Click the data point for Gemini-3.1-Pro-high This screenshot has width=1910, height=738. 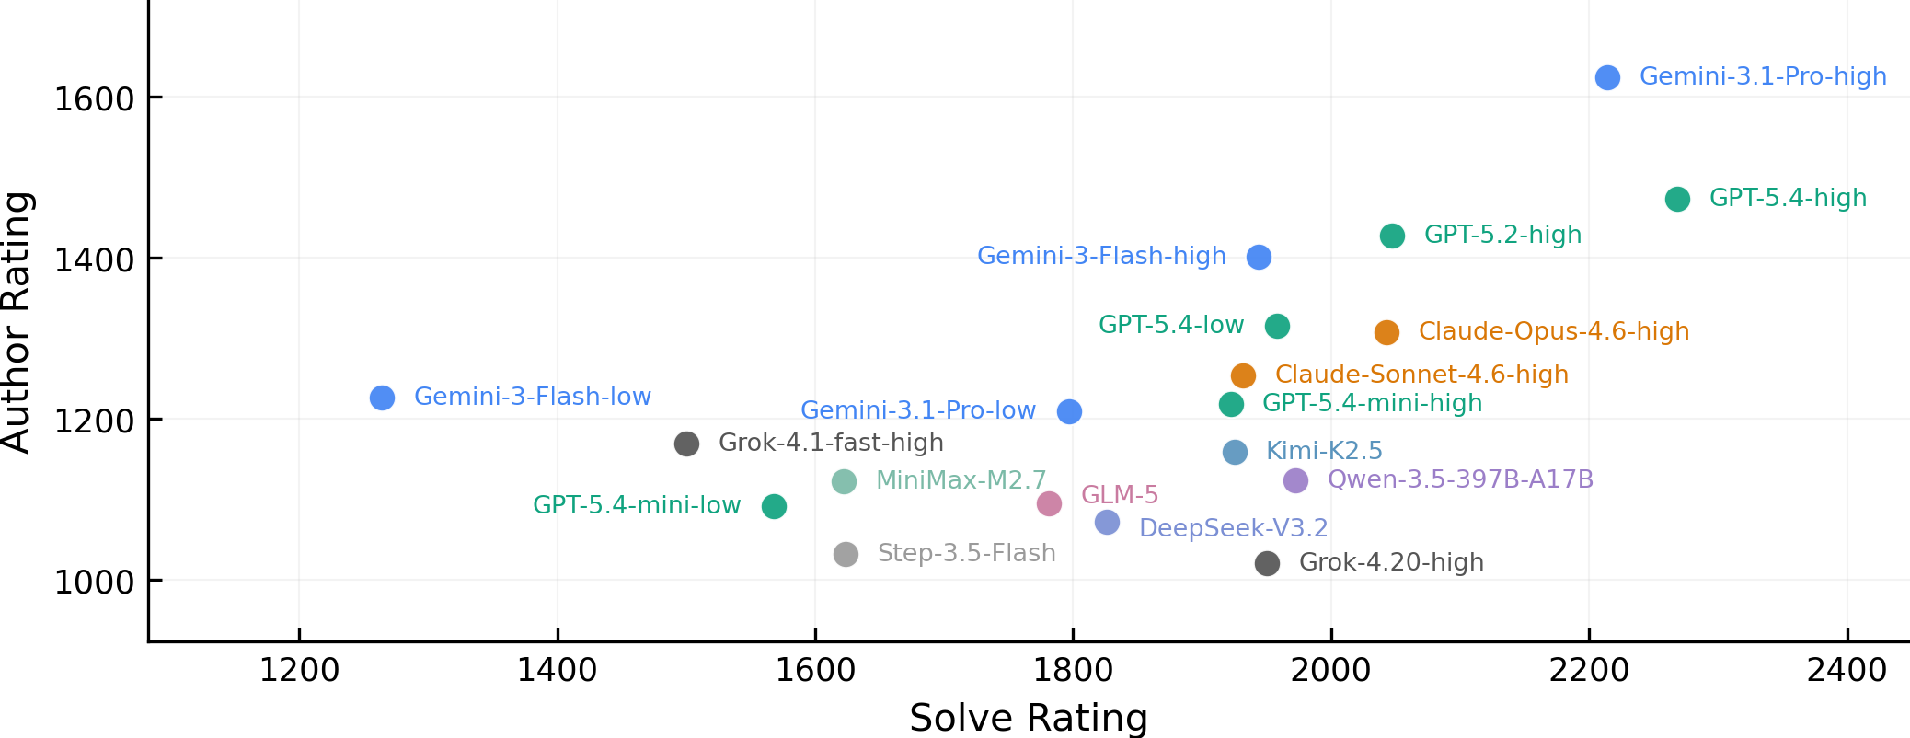pyautogui.click(x=1607, y=78)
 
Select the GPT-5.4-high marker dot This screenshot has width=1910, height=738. pyautogui.click(x=1677, y=199)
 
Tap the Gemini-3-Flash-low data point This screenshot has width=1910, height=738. pyautogui.click(x=382, y=398)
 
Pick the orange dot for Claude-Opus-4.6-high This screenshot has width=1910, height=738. pyautogui.click(x=1386, y=332)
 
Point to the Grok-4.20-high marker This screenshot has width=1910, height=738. pyautogui.click(x=1267, y=563)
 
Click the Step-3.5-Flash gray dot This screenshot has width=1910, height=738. pyautogui.click(x=846, y=554)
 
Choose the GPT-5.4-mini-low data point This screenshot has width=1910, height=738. pyautogui.click(x=774, y=506)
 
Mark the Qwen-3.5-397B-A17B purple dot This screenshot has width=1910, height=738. pyautogui.click(x=1295, y=480)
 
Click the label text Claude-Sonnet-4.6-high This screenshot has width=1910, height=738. pyautogui.click(x=1421, y=375)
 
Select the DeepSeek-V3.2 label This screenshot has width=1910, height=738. pyautogui.click(x=1233, y=528)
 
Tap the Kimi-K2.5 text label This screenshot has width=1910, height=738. pyautogui.click(x=1324, y=451)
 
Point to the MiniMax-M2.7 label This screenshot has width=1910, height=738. pyautogui.click(x=961, y=480)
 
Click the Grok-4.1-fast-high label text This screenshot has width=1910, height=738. pyautogui.click(x=831, y=443)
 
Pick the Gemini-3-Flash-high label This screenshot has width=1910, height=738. pyautogui.click(x=1101, y=256)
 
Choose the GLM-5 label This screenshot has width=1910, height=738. pyautogui.click(x=1120, y=495)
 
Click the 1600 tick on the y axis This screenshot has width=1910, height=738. pyautogui.click(x=94, y=98)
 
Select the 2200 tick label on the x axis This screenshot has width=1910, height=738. pyautogui.click(x=1589, y=670)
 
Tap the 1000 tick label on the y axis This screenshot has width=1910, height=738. pyautogui.click(x=94, y=582)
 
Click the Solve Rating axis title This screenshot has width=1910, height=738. pyautogui.click(x=1029, y=718)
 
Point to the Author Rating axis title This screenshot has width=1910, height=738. pyautogui.click(x=17, y=322)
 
